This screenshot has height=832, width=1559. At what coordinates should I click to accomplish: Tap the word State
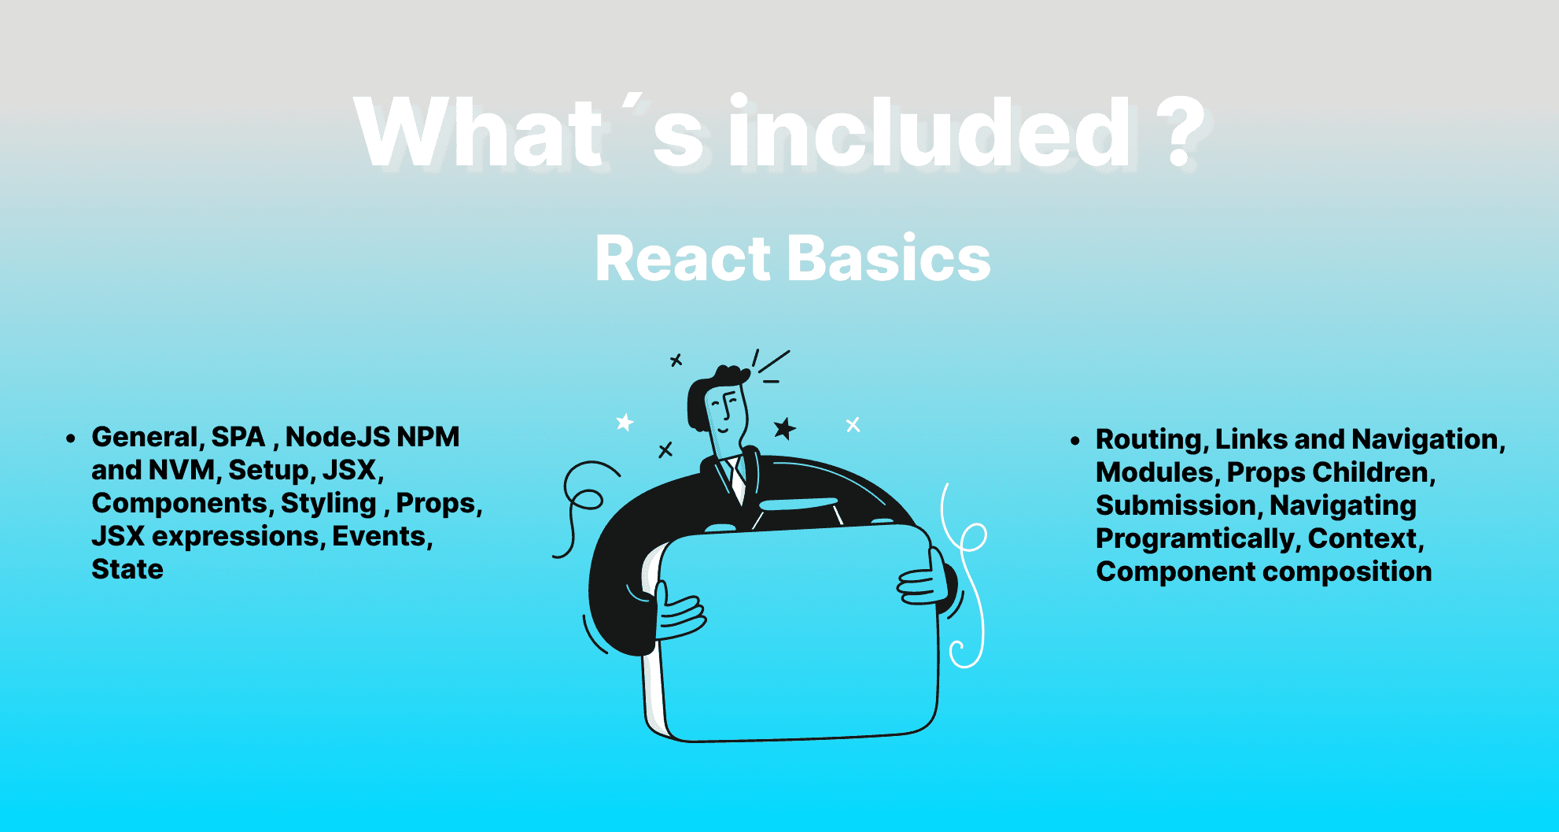tap(127, 569)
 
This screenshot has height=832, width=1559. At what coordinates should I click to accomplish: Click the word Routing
tap(1152, 440)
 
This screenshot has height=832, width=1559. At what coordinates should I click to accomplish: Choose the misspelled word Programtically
tap(1197, 539)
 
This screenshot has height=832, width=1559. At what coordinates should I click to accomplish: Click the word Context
tap(1366, 539)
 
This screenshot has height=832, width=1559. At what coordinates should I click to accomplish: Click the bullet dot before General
tap(71, 438)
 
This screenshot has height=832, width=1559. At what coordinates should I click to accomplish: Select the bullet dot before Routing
tap(1075, 441)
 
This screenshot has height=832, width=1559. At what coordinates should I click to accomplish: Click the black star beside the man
tap(784, 428)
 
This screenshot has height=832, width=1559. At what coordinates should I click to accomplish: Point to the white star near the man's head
tap(625, 423)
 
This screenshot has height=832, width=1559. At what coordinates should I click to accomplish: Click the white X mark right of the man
tap(853, 425)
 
